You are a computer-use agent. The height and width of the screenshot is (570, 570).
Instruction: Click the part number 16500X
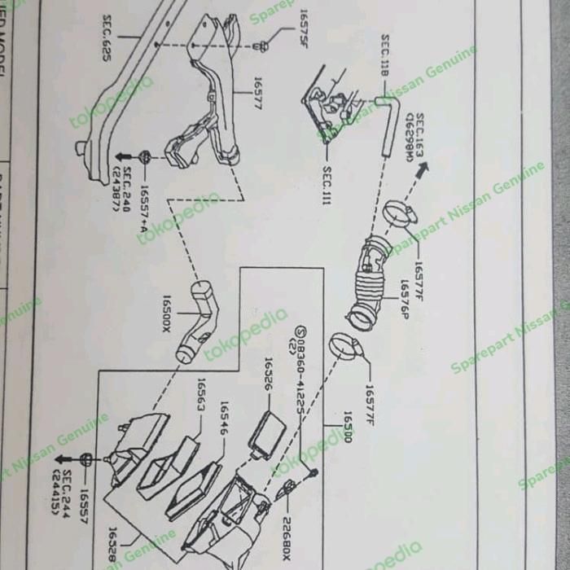167,313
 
